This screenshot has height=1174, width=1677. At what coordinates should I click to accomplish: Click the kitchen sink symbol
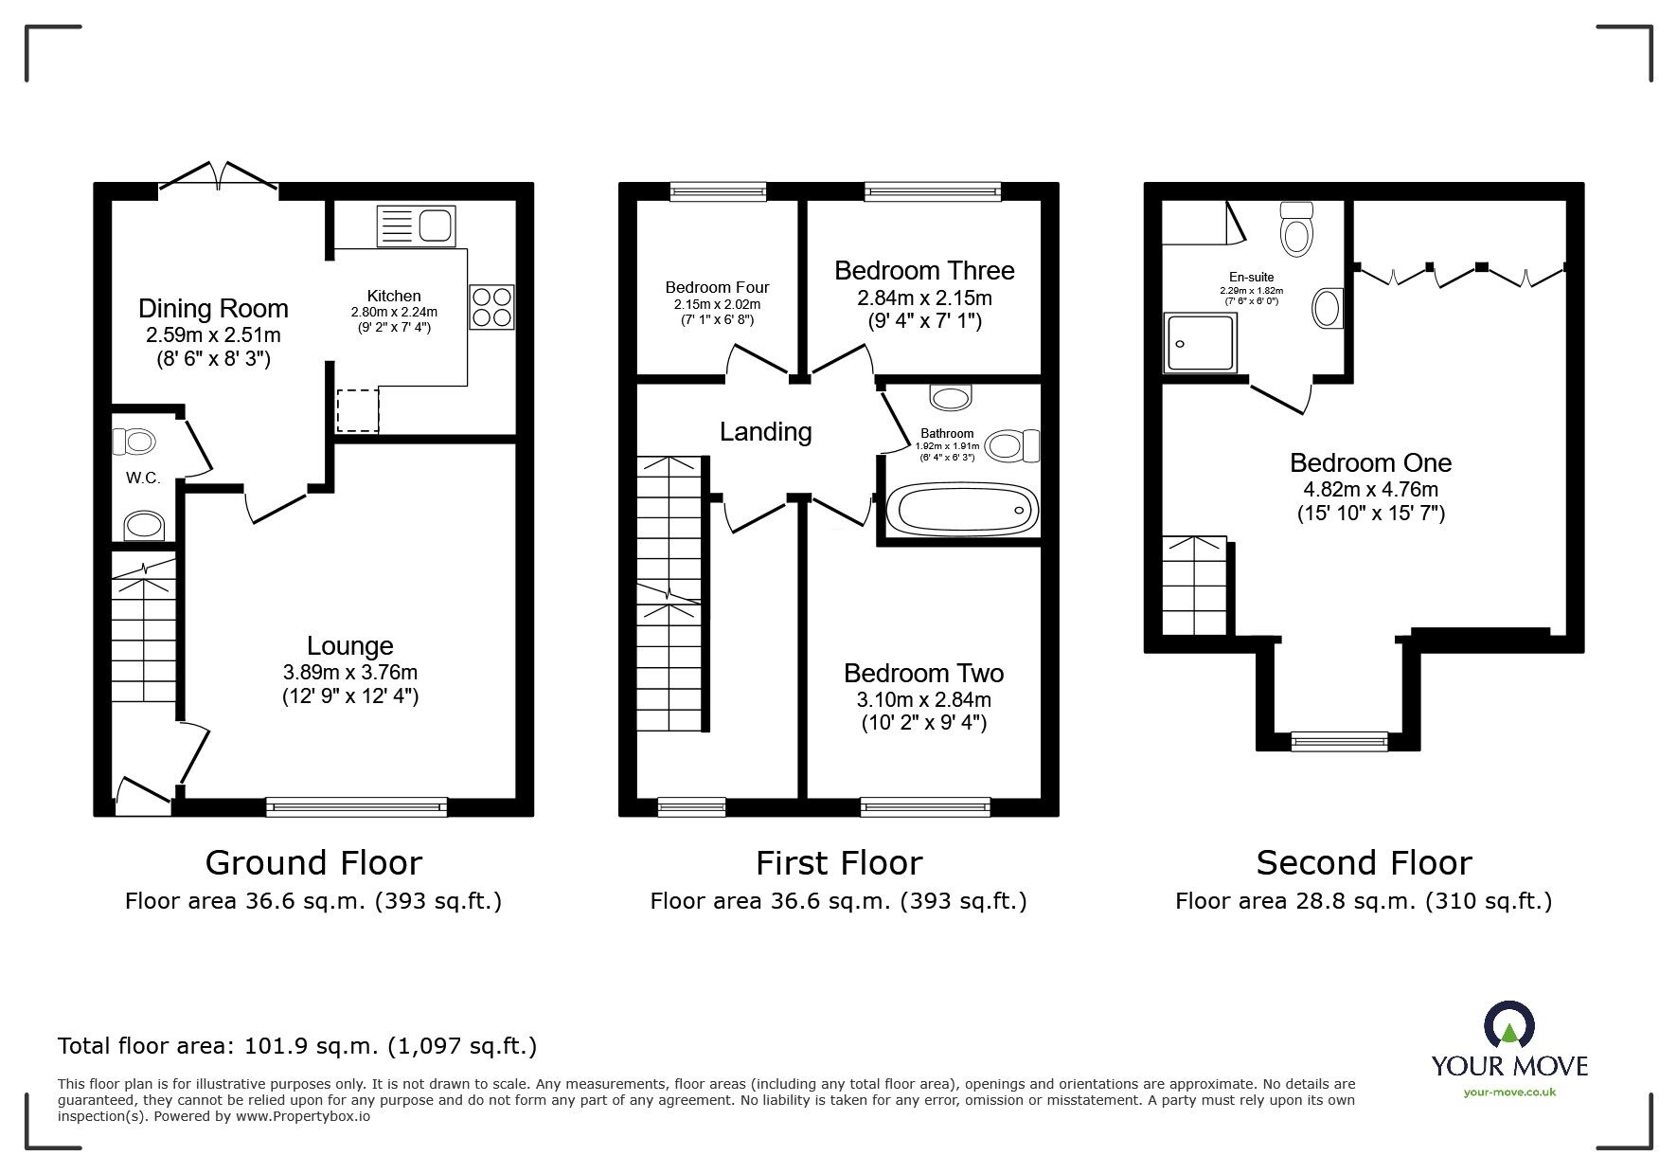coord(416,226)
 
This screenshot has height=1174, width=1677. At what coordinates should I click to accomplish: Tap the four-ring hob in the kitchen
coord(491,307)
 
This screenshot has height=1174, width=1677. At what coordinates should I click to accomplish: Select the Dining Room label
coord(213,309)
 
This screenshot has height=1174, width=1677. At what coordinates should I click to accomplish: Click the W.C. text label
coord(143,479)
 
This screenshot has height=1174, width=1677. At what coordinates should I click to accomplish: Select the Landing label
coord(765,432)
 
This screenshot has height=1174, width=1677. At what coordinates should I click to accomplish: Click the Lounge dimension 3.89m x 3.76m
coord(349,673)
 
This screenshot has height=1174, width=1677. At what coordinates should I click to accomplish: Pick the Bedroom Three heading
coord(924,271)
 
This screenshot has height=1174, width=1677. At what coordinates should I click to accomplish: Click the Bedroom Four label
coord(717,287)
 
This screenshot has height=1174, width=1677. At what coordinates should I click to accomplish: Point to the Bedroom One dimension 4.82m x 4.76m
coord(1370,490)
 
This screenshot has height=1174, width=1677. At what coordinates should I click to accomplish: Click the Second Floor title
coord(1364,863)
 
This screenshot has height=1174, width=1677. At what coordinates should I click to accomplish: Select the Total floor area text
coord(297,1046)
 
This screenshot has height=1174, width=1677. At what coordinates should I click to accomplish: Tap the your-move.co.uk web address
coord(1508,1093)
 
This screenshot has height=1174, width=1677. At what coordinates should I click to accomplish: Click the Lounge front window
coord(356,806)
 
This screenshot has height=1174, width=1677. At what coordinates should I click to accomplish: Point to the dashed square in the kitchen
coord(358,409)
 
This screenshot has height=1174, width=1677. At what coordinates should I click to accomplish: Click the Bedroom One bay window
coord(1339,741)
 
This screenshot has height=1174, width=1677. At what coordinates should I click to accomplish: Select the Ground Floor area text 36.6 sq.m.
coord(313,901)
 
